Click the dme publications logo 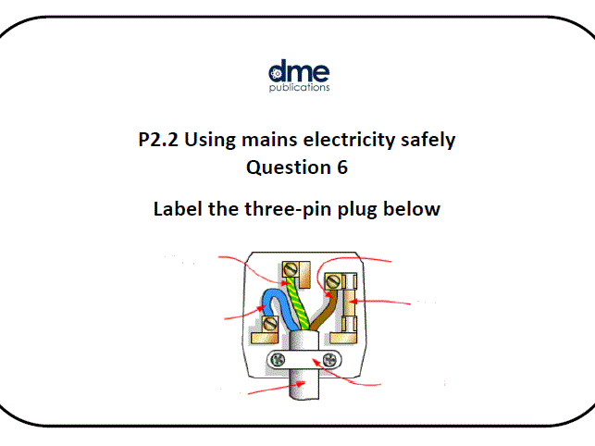298,76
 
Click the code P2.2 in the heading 159,141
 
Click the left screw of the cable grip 273,360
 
